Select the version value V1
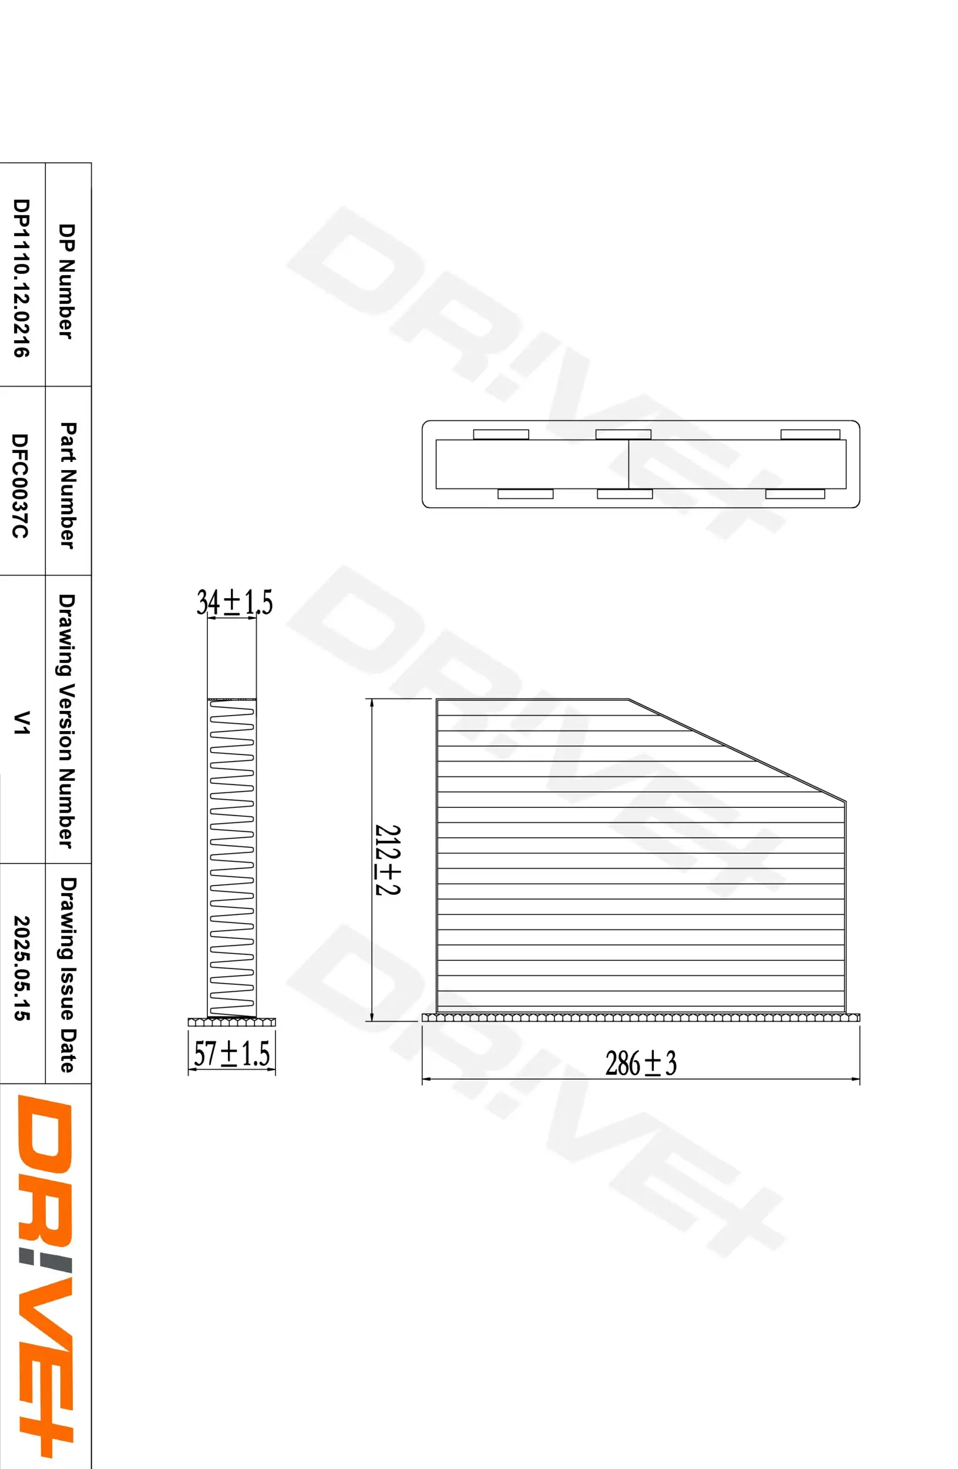pos(21,722)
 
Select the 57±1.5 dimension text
pos(232,1054)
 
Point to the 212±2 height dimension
pos(388,860)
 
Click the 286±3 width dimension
pos(640,1063)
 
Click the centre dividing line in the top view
pos(628,464)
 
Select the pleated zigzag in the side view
pos(231,858)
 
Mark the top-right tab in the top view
pos(809,434)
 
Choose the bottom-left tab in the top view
pos(525,494)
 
